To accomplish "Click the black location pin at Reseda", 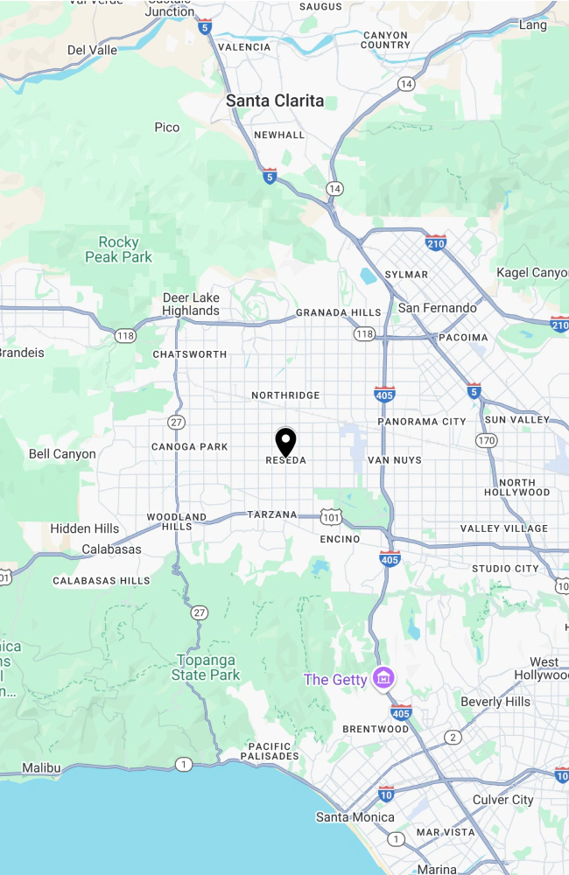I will (285, 441).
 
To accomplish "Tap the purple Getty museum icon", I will (383, 677).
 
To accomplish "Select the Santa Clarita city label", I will (274, 101).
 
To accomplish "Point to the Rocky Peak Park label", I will (118, 249).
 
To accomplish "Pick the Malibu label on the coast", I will (41, 768).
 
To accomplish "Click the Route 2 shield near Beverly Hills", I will (452, 738).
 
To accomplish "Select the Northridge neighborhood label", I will (285, 395).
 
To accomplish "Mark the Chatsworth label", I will (189, 354).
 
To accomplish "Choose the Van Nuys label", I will (394, 460).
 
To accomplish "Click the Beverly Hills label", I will (495, 702).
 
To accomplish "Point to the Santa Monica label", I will (355, 817).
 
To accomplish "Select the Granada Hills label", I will (338, 312).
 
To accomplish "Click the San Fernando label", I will (437, 308).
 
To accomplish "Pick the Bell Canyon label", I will (62, 454).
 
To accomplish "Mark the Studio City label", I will (505, 569).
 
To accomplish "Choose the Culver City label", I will (502, 800).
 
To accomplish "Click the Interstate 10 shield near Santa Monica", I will (386, 794).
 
